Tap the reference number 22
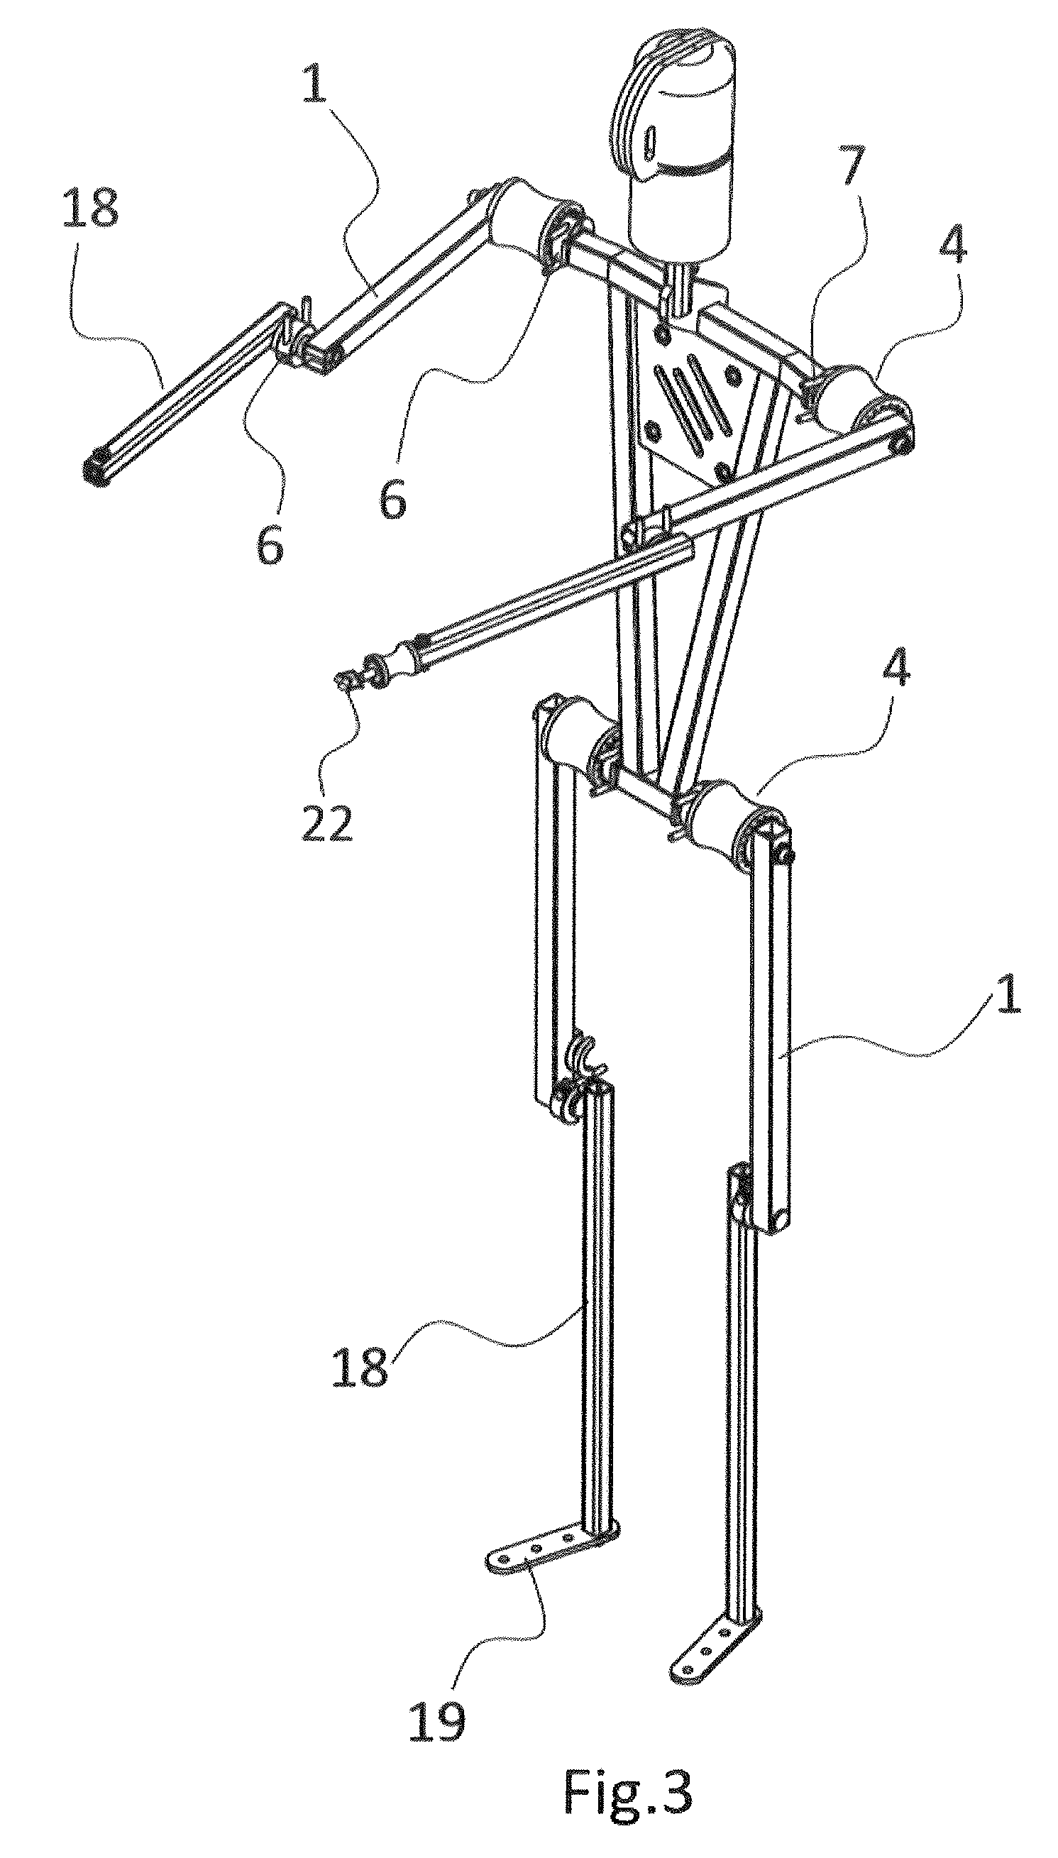[326, 823]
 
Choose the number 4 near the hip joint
[896, 671]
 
